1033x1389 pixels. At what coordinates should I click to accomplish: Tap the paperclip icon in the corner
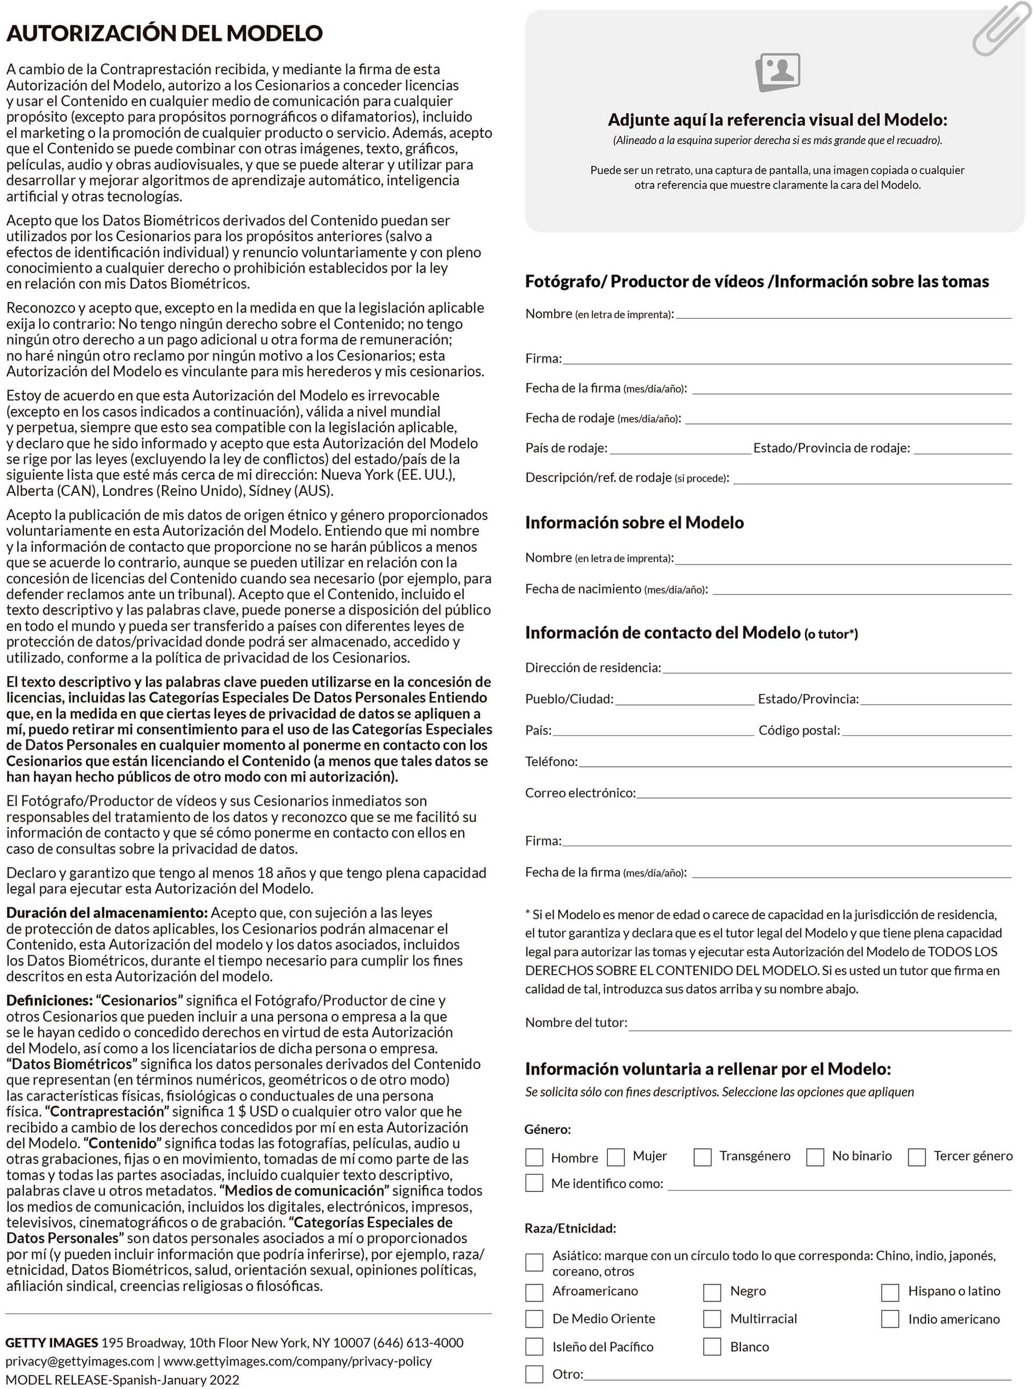1001,28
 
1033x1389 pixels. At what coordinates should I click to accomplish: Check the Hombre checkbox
534,1157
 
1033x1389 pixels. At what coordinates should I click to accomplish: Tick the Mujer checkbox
616,1157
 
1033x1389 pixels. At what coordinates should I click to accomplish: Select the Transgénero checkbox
702,1157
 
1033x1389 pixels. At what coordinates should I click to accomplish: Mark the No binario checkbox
815,1157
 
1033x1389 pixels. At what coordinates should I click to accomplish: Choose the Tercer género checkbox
917,1157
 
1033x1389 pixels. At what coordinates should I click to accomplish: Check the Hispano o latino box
890,1292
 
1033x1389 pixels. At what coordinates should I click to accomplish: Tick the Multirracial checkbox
712,1319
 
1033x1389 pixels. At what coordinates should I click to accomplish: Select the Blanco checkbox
712,1346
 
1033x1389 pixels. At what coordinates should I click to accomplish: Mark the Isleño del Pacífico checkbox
534,1346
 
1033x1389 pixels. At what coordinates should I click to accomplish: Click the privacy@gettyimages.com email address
80,1362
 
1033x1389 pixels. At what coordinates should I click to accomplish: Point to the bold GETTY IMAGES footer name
52,1343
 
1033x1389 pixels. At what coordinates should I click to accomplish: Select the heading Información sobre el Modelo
634,523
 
